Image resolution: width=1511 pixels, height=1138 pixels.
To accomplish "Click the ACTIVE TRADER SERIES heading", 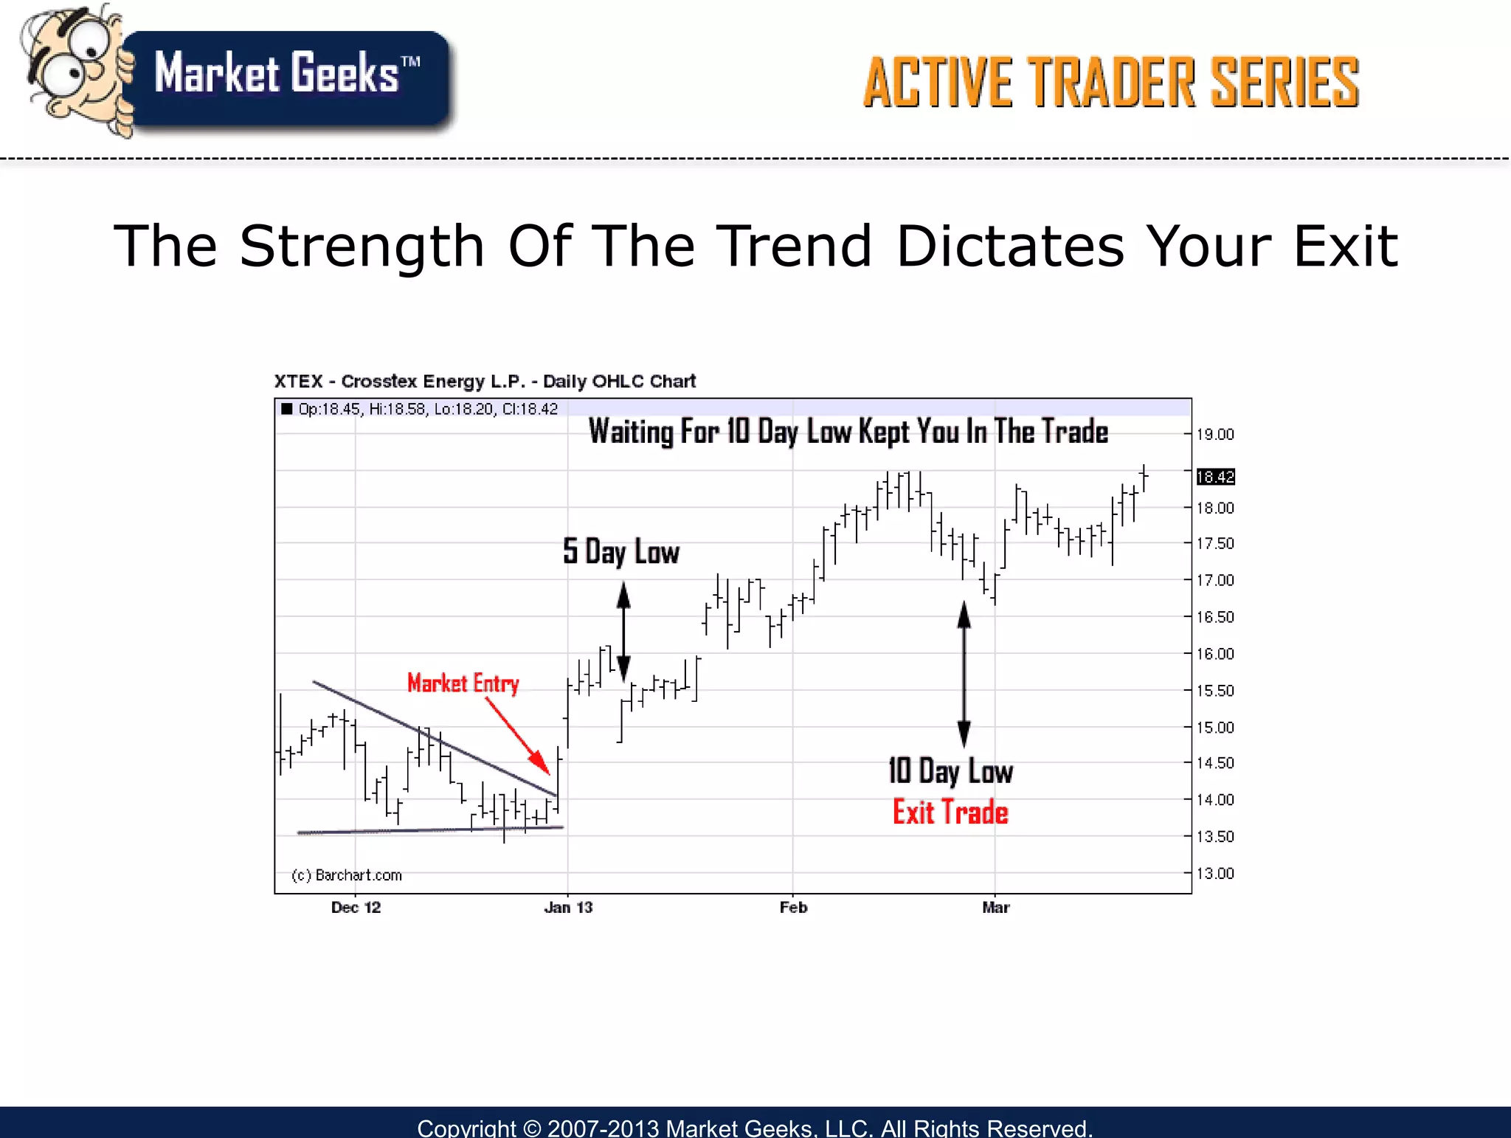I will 1110,83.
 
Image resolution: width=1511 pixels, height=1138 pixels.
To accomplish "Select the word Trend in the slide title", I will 795,246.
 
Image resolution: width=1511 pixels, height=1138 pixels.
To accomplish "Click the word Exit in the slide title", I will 1345,246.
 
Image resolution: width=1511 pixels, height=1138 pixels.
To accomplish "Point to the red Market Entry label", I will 463,683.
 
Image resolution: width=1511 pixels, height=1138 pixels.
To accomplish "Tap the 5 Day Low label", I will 620,552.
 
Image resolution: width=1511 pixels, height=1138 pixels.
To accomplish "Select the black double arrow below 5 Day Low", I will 623,632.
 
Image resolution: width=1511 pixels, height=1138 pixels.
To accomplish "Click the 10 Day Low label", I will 950,771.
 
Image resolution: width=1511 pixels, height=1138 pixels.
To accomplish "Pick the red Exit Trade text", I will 950,813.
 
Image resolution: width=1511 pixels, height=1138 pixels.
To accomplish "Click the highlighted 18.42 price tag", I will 1214,477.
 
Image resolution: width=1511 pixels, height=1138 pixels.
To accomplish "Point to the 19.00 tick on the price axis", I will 1214,435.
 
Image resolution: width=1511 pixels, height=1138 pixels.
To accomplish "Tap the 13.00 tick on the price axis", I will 1214,874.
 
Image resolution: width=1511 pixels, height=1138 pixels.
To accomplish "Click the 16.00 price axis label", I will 1214,654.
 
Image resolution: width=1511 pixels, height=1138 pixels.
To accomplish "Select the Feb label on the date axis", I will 793,908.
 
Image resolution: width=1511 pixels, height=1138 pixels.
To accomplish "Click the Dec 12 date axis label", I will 356,908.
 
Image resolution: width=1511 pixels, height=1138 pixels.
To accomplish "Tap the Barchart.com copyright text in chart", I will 347,875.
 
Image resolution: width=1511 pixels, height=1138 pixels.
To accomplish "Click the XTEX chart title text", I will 485,382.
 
